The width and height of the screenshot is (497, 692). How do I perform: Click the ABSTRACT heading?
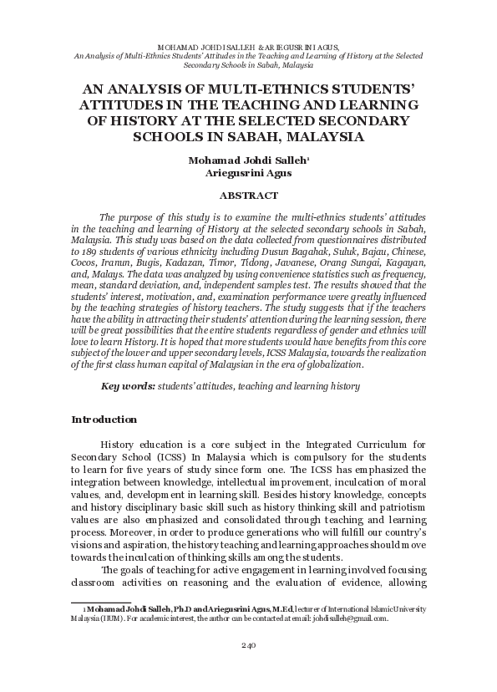click(x=248, y=196)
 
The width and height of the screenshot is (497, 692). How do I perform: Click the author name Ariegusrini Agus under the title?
click(x=248, y=175)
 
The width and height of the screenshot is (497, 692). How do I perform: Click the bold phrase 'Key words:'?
click(x=128, y=386)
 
